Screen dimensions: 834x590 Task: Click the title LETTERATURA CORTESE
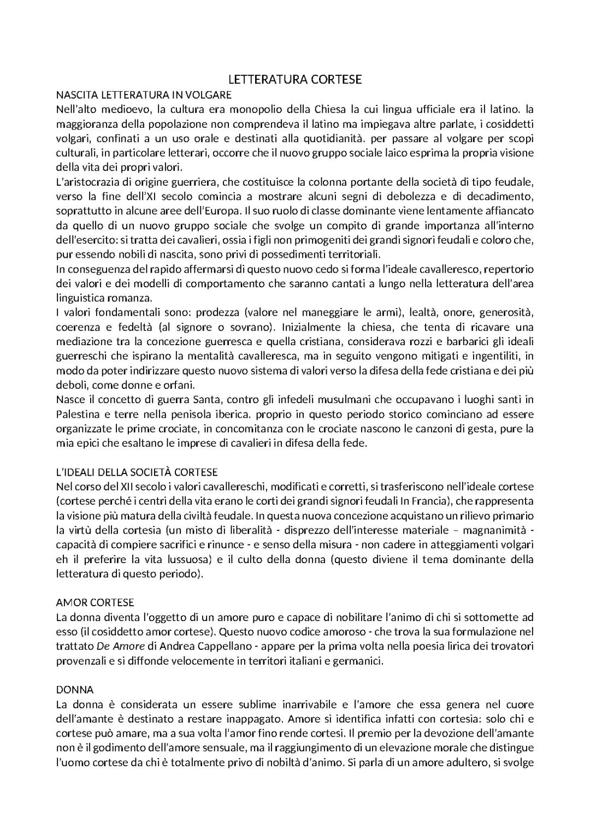point(294,80)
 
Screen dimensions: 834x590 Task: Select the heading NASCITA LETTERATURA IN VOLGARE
point(144,95)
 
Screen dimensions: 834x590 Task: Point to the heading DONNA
point(75,689)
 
